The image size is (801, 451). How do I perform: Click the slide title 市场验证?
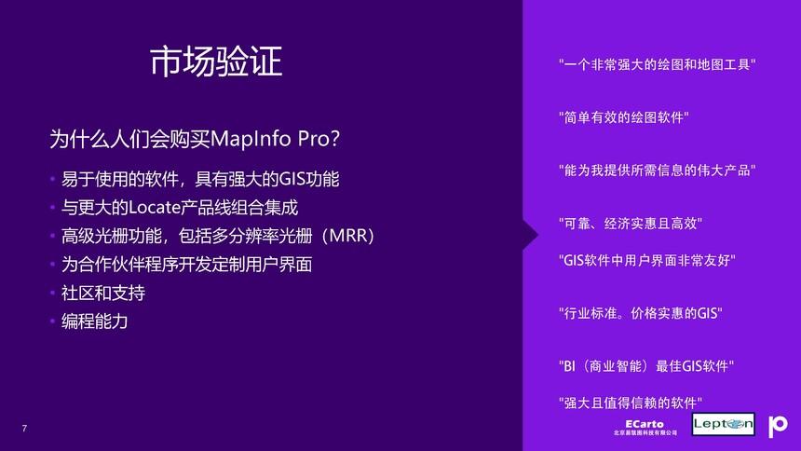coord(215,61)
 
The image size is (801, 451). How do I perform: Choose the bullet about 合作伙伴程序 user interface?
coord(186,265)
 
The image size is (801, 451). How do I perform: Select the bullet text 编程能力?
coord(94,321)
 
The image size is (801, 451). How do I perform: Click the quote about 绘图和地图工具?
coord(657,65)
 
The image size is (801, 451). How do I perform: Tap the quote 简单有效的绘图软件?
coord(623,118)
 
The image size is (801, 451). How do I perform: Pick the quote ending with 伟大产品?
coord(657,171)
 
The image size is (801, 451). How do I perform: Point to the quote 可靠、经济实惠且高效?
coord(630,224)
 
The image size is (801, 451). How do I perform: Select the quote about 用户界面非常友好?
coord(646,260)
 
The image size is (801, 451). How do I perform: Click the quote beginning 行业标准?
coord(640,313)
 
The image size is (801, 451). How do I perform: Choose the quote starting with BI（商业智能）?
coord(646,366)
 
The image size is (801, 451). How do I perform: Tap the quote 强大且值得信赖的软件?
coord(630,403)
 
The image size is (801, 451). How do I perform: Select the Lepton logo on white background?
coord(723,425)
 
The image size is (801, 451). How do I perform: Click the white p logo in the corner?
coord(778,426)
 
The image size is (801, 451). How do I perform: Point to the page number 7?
coord(24,428)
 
